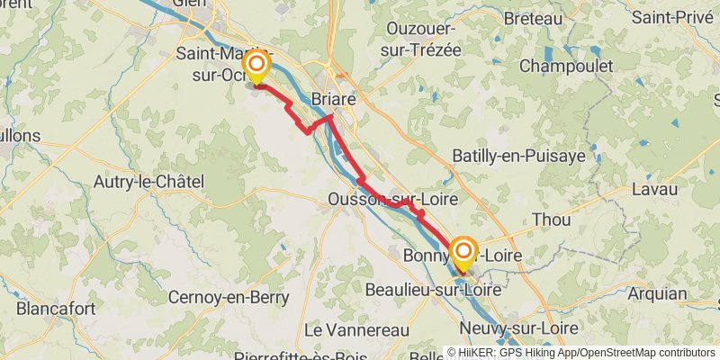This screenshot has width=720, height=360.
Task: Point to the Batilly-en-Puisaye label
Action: (518, 156)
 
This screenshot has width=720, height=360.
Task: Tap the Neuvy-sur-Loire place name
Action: (516, 329)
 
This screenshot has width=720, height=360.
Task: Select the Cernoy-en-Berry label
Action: (229, 297)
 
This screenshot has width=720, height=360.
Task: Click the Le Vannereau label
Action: (357, 330)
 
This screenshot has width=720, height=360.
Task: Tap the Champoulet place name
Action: (566, 66)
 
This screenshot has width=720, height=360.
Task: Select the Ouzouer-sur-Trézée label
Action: (422, 40)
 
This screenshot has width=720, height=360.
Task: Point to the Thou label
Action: (551, 220)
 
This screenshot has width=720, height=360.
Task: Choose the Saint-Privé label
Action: (674, 17)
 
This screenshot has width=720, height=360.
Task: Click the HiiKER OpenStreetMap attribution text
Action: (586, 353)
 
